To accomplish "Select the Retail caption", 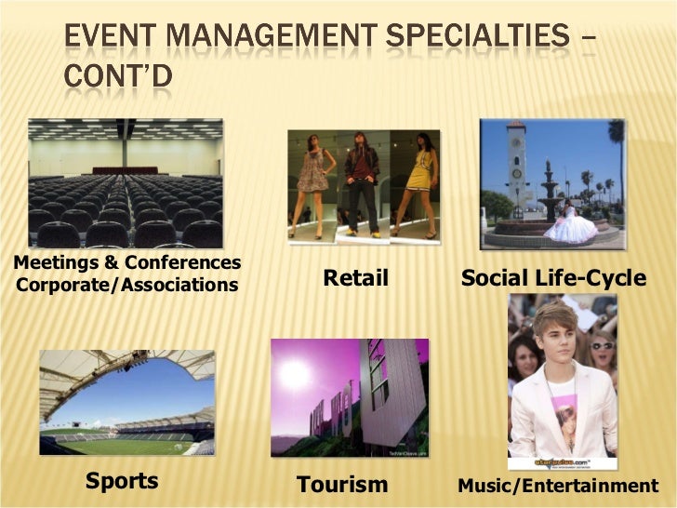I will (x=354, y=277).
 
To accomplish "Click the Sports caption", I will (x=121, y=481).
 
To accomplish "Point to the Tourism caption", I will (x=341, y=484).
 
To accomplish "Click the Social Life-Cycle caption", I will (x=553, y=277).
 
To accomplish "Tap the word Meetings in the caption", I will (x=53, y=263).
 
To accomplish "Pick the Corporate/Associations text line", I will (x=126, y=284).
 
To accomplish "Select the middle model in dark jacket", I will (x=363, y=181).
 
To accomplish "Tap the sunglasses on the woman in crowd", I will (x=603, y=345).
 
